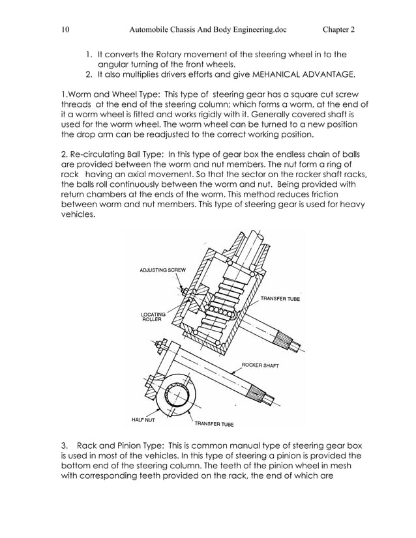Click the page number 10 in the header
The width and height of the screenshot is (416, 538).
(64, 29)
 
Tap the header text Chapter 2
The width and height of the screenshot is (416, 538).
(338, 29)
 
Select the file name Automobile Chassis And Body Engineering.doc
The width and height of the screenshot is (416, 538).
(208, 29)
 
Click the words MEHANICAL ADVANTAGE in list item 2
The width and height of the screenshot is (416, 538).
(306, 74)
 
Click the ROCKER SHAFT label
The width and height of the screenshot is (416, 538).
(260, 365)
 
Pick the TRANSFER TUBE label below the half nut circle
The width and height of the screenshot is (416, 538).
(214, 424)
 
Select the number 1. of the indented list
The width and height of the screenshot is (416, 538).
(89, 55)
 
